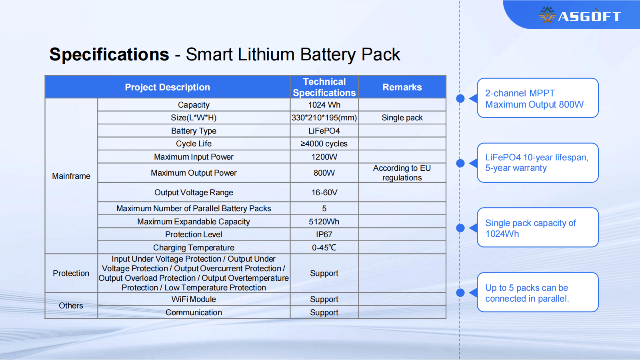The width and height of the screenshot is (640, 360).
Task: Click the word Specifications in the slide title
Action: tap(109, 54)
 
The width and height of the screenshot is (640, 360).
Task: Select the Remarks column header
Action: tap(402, 87)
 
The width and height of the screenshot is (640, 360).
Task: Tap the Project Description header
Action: tap(168, 87)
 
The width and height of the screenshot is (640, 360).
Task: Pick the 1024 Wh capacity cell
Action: tap(324, 105)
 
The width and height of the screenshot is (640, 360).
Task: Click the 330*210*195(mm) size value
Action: tap(324, 118)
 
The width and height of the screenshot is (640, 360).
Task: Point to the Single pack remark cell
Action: tap(402, 118)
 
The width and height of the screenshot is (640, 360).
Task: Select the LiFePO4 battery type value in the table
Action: tap(324, 131)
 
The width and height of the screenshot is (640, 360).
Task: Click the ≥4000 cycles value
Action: tap(324, 144)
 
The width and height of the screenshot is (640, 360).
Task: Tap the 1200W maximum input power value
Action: tap(324, 157)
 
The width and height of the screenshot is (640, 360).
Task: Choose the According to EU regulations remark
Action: tap(402, 173)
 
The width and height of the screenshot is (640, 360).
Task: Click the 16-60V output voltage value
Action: tap(324, 192)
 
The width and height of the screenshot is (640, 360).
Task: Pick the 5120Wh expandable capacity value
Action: tap(324, 222)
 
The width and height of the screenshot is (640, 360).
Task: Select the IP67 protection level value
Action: tap(324, 234)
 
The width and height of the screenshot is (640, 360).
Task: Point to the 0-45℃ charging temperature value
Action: tap(324, 248)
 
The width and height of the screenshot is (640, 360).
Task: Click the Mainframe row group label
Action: tap(71, 176)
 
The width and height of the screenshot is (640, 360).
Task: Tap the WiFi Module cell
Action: tap(194, 300)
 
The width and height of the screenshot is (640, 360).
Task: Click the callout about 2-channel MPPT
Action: tap(538, 98)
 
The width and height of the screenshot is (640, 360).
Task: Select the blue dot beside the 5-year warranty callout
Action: tap(460, 163)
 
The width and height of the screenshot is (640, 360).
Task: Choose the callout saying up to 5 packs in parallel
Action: tap(538, 292)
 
